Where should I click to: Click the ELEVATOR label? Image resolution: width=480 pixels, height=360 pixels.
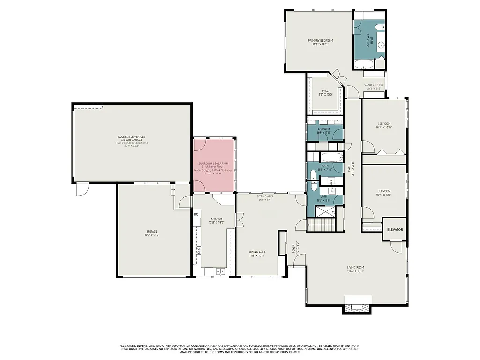pyautogui.click(x=395, y=230)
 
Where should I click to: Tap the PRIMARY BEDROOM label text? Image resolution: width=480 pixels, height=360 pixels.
pyautogui.click(x=320, y=41)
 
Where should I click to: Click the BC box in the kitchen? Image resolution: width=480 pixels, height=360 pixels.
pyautogui.click(x=196, y=214)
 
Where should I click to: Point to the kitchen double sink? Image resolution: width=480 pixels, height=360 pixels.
pyautogui.click(x=219, y=271)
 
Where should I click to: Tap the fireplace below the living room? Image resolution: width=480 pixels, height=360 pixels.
pyautogui.click(x=358, y=307)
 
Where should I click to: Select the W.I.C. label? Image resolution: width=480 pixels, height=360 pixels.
pyautogui.click(x=325, y=91)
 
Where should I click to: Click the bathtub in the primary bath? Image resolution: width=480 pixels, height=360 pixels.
pyautogui.click(x=363, y=64)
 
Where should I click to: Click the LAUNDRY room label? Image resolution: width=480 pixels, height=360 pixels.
pyautogui.click(x=324, y=129)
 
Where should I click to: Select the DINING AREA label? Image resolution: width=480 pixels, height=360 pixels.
pyautogui.click(x=257, y=252)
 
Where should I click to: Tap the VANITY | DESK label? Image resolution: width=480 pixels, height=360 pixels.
pyautogui.click(x=374, y=85)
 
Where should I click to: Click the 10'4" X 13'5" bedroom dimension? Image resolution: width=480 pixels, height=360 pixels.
pyautogui.click(x=383, y=195)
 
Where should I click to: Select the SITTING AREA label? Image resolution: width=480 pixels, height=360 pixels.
pyautogui.click(x=265, y=196)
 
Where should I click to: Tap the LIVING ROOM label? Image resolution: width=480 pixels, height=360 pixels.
pyautogui.click(x=355, y=267)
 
